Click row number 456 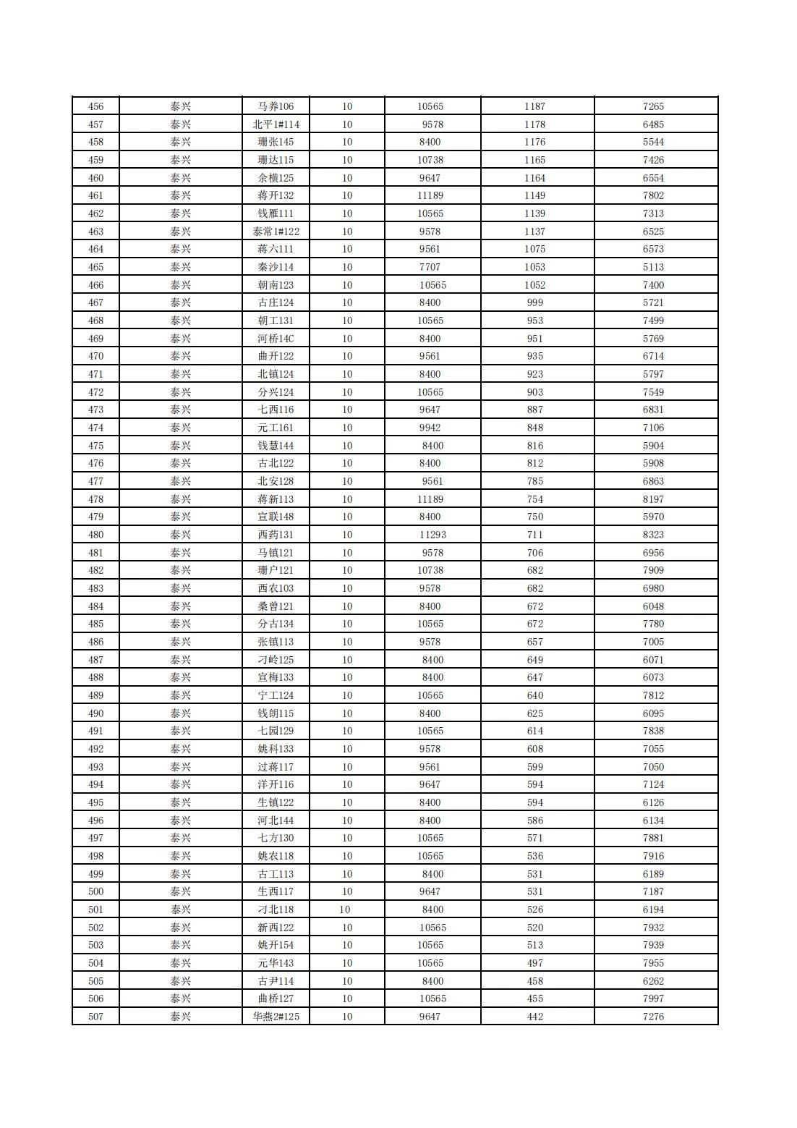[95, 106]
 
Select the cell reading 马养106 [276, 106]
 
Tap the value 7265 [652, 106]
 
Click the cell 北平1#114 [276, 124]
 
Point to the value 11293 [432, 535]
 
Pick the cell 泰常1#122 [276, 232]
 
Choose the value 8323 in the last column [652, 535]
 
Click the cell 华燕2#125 [276, 1017]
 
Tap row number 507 [95, 1017]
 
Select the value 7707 [430, 267]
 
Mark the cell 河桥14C [276, 339]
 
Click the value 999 [534, 302]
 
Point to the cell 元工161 [276, 428]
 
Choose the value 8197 [652, 499]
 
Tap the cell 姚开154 [276, 945]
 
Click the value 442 [534, 1017]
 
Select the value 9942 [430, 428]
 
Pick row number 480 [95, 535]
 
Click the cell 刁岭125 [276, 660]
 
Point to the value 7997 [652, 998]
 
